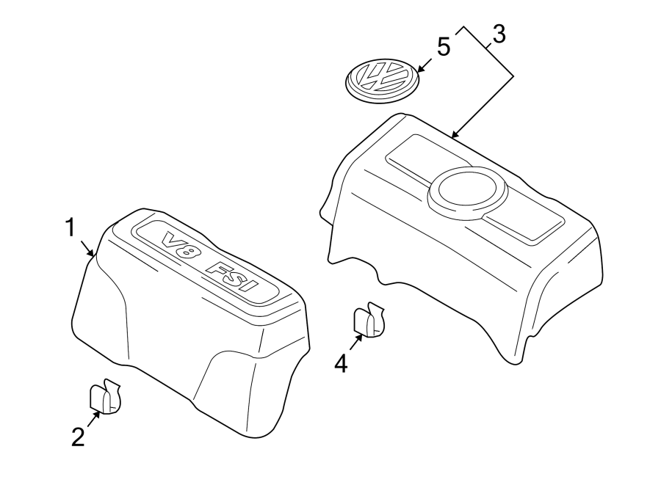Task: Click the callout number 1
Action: coord(71,228)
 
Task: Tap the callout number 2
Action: coord(78,437)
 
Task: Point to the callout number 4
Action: coord(341,362)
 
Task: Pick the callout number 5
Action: coord(444,46)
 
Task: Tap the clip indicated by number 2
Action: coord(105,396)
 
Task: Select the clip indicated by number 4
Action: coord(369,321)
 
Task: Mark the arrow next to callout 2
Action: coord(93,418)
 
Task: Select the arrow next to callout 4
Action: coord(355,342)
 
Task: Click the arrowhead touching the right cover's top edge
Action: coord(455,135)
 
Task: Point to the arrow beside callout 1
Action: coord(90,249)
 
